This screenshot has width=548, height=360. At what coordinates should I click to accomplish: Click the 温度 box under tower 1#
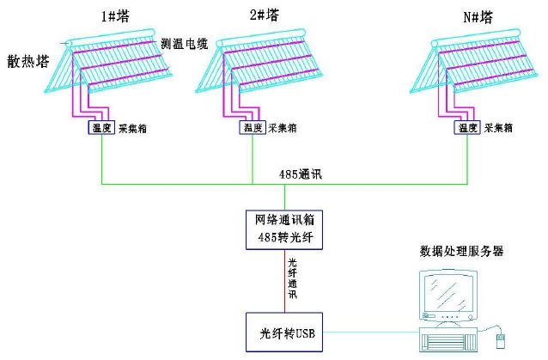[x=101, y=127]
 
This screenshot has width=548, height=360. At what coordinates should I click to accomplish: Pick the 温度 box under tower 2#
[x=253, y=127]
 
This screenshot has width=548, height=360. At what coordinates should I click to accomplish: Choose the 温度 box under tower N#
[x=467, y=127]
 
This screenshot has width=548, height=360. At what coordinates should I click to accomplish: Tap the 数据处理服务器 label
[x=461, y=252]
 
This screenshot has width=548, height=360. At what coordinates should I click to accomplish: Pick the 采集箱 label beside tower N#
[x=498, y=127]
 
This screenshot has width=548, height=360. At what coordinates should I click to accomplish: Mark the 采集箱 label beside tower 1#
[x=132, y=127]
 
